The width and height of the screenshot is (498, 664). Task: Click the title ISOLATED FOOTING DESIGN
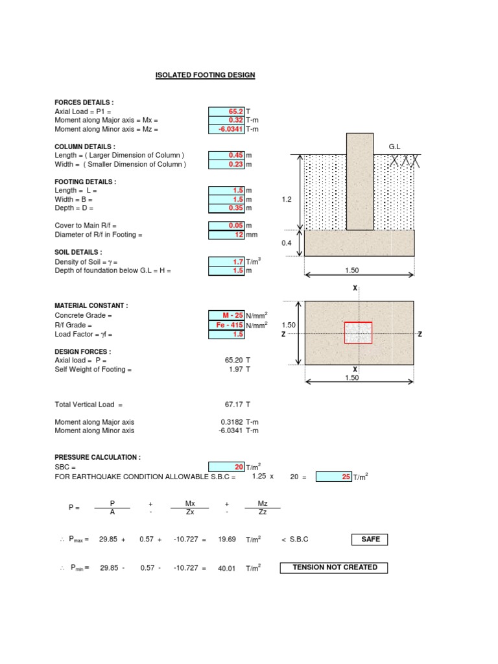pyautogui.click(x=205, y=75)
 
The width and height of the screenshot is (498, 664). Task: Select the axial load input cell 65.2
pyautogui.click(x=226, y=112)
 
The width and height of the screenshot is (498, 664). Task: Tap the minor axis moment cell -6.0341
pyautogui.click(x=226, y=129)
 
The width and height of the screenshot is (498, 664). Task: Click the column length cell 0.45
pyautogui.click(x=226, y=156)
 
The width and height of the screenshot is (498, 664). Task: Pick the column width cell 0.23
pyautogui.click(x=226, y=165)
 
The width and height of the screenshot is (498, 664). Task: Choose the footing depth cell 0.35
pyautogui.click(x=226, y=208)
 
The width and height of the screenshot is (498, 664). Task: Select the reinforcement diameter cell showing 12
pyautogui.click(x=226, y=235)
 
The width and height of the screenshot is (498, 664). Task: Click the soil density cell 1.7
pyautogui.click(x=226, y=261)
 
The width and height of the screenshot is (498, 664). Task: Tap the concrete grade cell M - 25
pyautogui.click(x=226, y=316)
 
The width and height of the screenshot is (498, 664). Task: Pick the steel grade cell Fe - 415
pyautogui.click(x=226, y=325)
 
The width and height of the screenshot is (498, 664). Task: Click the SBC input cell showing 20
pyautogui.click(x=226, y=467)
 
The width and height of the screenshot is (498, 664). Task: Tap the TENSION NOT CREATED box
pyautogui.click(x=334, y=567)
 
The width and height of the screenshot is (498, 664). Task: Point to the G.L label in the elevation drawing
pyautogui.click(x=396, y=147)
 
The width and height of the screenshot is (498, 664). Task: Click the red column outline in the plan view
pyautogui.click(x=358, y=333)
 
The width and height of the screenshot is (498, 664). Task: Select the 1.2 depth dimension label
pyautogui.click(x=288, y=200)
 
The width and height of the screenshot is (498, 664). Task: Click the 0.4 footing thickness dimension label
pyautogui.click(x=287, y=243)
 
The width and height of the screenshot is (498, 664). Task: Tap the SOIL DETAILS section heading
pyautogui.click(x=78, y=252)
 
